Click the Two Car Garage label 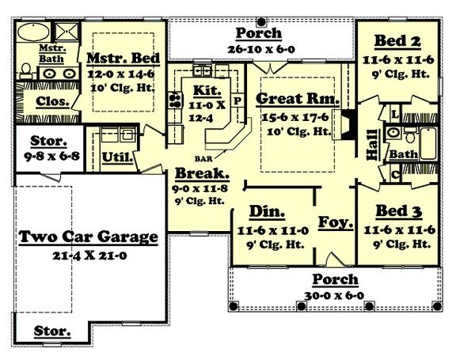88,236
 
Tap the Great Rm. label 298,100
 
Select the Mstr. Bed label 123,59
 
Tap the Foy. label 335,222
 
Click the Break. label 203,173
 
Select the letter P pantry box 236,101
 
